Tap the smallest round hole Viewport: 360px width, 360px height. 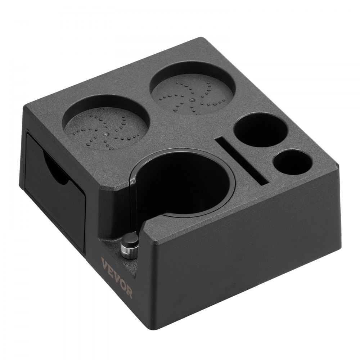tap(292, 162)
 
